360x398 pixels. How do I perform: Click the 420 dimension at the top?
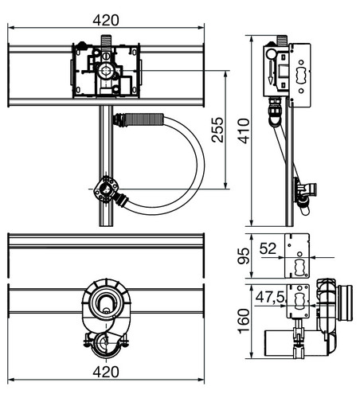point(106,21)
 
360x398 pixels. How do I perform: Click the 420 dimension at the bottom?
point(106,372)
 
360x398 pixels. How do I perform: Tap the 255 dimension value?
point(217,130)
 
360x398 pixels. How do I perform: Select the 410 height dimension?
point(244,131)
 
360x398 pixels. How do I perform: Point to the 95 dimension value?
point(244,256)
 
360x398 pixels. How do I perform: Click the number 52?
point(268,249)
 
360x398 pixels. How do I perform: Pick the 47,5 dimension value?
point(270,297)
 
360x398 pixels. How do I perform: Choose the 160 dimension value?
point(244,321)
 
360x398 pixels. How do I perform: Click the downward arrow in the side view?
point(271,72)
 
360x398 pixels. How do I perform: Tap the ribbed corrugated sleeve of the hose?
point(143,119)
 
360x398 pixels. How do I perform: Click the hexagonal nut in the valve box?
point(106,71)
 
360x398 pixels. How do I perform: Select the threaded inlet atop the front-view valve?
point(106,41)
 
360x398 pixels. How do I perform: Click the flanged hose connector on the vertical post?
point(106,190)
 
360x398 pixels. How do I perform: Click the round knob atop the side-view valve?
point(271,54)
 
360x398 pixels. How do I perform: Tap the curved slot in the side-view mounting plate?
point(301,76)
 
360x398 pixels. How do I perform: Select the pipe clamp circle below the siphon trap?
point(106,344)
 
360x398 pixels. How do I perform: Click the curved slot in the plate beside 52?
point(299,267)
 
